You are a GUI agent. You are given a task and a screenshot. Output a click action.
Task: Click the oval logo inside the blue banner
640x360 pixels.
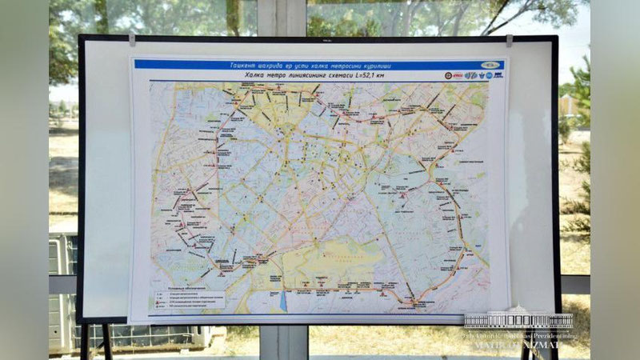coord(490,65)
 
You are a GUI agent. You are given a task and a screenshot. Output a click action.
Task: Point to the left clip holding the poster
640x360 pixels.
coord(132,38)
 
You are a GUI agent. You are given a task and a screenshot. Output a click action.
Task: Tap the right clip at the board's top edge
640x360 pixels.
coord(509,39)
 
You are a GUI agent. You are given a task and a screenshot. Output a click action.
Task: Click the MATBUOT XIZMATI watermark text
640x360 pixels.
coord(524,347)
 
